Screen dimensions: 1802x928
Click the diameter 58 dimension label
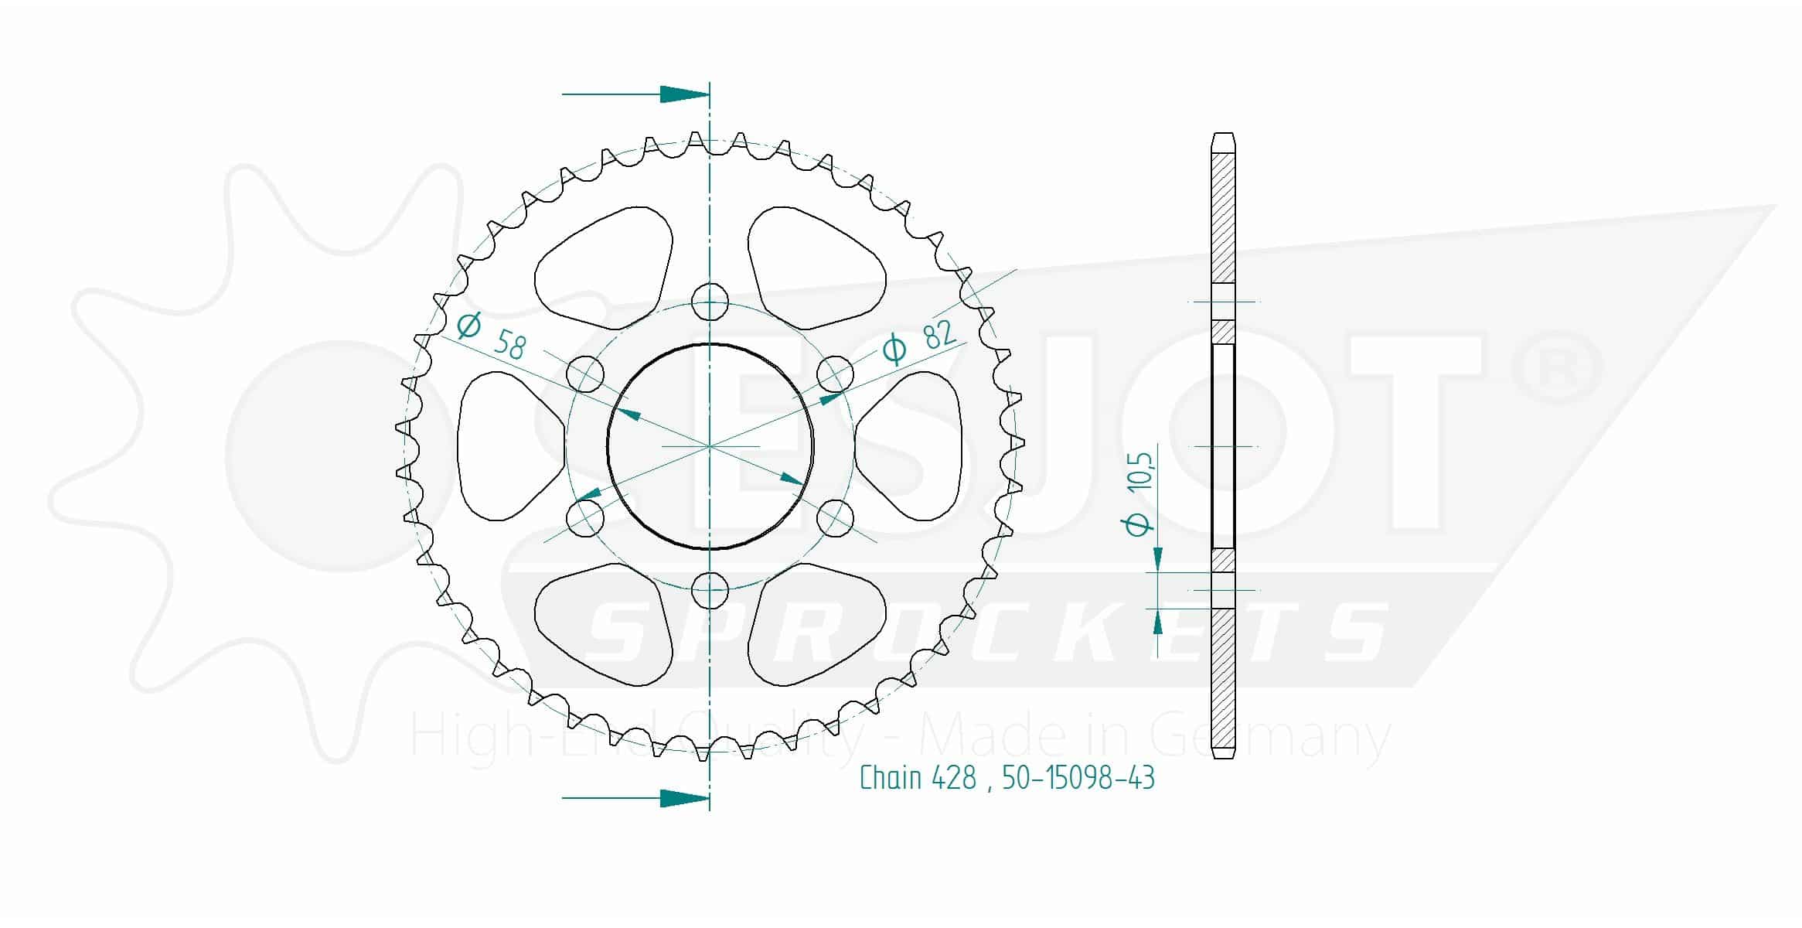(491, 336)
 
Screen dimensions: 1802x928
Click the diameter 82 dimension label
(919, 341)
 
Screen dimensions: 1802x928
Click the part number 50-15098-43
(1078, 777)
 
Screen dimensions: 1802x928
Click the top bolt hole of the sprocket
(710, 302)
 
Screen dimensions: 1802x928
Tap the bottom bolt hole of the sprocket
(710, 592)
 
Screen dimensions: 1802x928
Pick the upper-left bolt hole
(584, 374)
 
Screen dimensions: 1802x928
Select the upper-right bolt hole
(835, 374)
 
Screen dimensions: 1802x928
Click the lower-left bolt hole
(584, 519)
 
